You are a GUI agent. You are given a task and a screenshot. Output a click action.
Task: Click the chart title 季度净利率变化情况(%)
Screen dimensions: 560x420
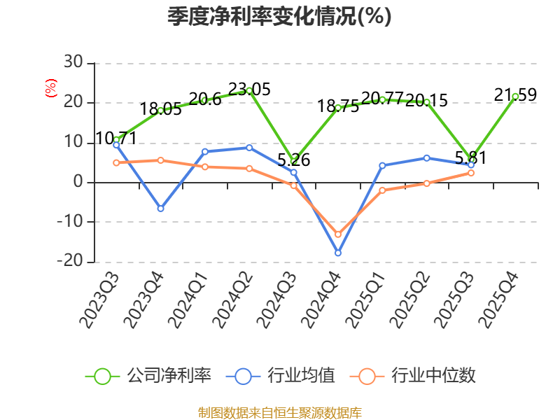[x=279, y=17]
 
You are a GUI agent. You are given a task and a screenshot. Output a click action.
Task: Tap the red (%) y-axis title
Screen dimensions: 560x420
[x=50, y=88]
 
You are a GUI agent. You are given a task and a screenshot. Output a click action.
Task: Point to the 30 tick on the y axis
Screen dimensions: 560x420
[x=73, y=62]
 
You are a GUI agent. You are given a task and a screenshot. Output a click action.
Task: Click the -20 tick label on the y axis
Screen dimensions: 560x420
[x=70, y=260]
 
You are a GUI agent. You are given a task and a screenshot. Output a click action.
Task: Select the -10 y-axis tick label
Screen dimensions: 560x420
[x=70, y=221]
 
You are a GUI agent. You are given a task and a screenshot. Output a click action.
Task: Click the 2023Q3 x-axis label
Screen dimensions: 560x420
[x=99, y=300]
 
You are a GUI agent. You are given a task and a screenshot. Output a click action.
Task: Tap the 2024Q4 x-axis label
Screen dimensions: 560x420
[x=321, y=300]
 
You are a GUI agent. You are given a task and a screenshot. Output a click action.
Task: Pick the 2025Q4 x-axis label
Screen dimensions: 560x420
[x=498, y=300]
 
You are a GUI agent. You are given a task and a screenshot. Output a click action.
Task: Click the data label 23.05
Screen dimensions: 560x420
[x=249, y=90]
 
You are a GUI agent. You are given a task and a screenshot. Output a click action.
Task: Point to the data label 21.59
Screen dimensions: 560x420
[x=515, y=94]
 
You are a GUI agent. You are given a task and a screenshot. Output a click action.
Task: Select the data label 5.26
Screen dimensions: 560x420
[x=293, y=160]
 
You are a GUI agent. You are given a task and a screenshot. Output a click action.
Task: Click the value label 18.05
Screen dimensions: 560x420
[x=161, y=109]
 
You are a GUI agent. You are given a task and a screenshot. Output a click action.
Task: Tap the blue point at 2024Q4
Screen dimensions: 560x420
[x=338, y=253]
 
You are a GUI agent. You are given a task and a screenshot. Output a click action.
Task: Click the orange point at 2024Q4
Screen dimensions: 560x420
[x=338, y=234]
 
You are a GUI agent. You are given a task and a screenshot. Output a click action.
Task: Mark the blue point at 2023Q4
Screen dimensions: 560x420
[x=161, y=209]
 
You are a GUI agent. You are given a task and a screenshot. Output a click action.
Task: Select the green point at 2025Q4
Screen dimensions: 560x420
[x=515, y=97]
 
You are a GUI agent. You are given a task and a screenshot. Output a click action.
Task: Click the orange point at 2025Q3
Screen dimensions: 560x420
[x=471, y=173]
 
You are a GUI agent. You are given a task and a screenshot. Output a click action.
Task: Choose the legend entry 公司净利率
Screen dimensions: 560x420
[x=148, y=376]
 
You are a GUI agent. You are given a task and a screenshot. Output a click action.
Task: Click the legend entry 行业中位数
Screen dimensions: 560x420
[x=413, y=376]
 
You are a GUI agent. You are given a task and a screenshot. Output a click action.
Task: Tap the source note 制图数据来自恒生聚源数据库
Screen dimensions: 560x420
[x=280, y=413]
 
